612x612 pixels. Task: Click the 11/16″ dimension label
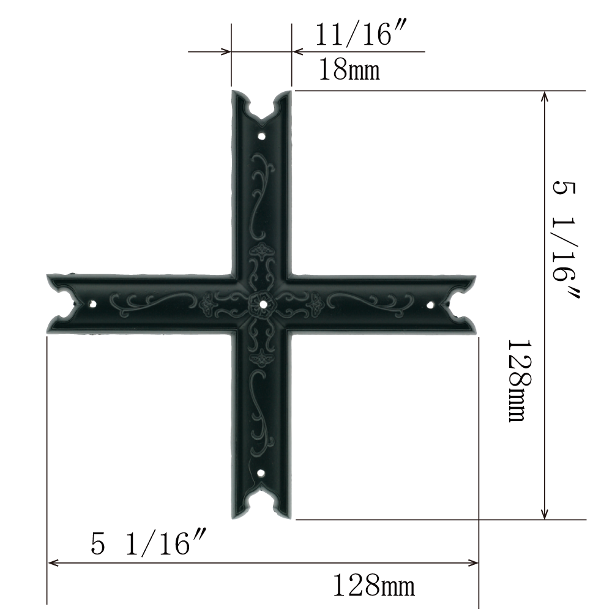(x=362, y=34)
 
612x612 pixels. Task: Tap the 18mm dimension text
(x=349, y=70)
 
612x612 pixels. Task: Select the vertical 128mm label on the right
(x=520, y=381)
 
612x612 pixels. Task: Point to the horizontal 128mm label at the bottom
(x=373, y=585)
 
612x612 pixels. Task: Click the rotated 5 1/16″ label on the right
(x=565, y=239)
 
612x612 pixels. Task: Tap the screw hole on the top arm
(x=262, y=136)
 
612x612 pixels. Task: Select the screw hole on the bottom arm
(x=261, y=474)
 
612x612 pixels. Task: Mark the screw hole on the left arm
(x=93, y=303)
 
